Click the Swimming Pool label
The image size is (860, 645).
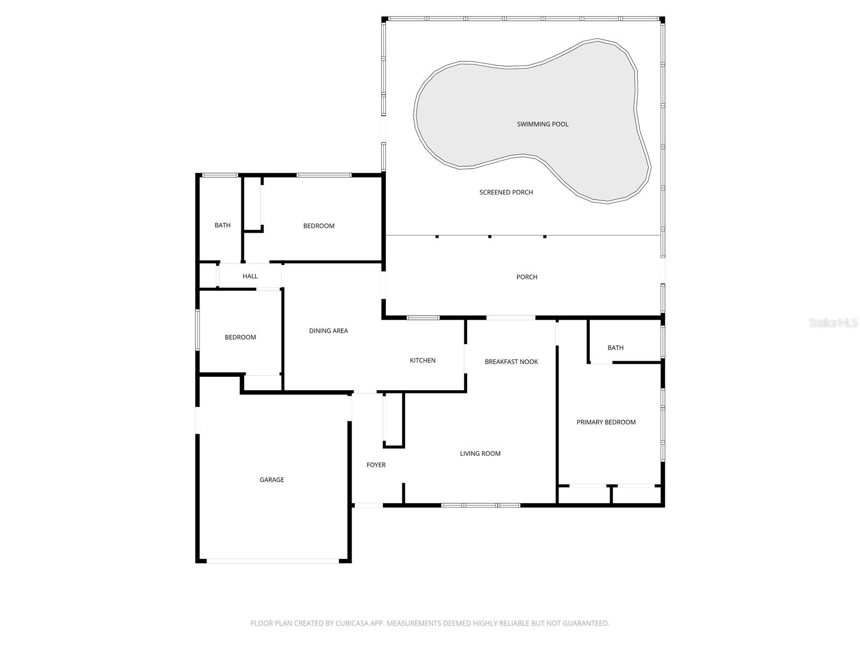tap(542, 124)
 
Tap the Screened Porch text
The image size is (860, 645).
tap(506, 192)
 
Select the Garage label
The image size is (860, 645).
tap(271, 480)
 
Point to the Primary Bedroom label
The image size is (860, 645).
tap(606, 422)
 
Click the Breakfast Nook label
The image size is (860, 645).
tap(511, 362)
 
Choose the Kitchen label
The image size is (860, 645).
tap(422, 361)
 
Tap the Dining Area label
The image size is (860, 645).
tap(328, 331)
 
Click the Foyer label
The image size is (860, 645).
tap(376, 465)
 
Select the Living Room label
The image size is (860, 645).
tap(480, 454)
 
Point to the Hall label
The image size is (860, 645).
tap(250, 276)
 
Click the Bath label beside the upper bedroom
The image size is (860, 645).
tap(222, 226)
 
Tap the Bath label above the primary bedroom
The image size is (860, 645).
tap(615, 348)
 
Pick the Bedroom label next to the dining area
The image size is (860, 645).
tap(240, 338)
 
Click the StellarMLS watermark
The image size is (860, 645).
tap(833, 323)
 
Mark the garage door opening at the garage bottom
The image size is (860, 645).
tap(273, 561)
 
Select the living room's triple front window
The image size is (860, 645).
tap(481, 505)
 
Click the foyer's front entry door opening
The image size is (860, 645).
tap(369, 505)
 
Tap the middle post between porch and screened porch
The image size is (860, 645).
tap(490, 236)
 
